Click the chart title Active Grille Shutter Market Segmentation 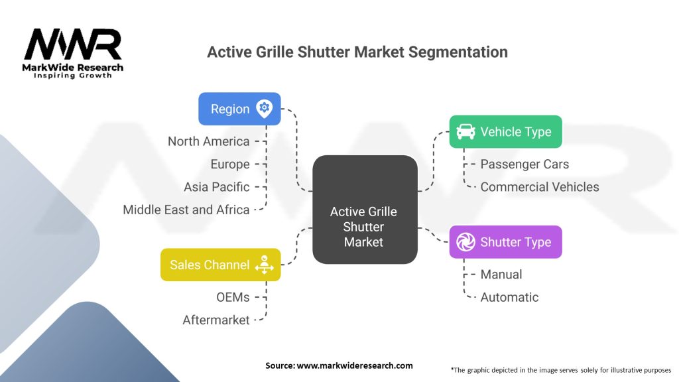[357, 52]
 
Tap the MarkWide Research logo [73, 54]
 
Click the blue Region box [239, 109]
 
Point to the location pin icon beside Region [264, 109]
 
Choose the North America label [208, 141]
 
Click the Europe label [230, 164]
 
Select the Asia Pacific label [216, 187]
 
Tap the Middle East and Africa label [186, 210]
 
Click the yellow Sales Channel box [220, 265]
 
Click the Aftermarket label [216, 320]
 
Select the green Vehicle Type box [505, 132]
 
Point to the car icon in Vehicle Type [465, 131]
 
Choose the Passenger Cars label [525, 164]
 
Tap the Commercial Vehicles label [539, 187]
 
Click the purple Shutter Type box [505, 242]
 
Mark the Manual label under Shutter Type [501, 274]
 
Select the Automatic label [509, 297]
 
